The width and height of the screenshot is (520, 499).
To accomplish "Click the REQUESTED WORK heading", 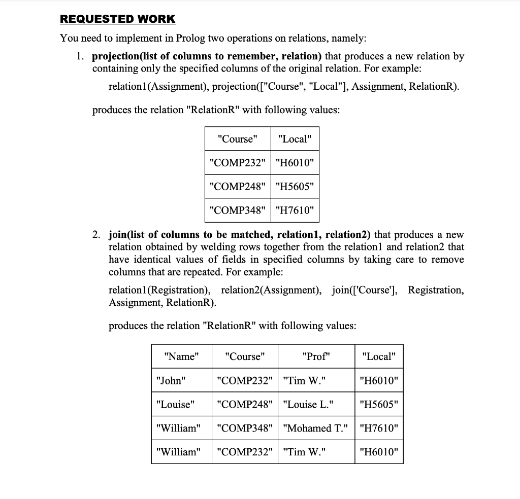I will click(117, 19).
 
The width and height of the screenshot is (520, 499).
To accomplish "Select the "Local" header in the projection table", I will click(295, 139).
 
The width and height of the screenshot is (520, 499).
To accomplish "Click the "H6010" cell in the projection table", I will click(295, 163).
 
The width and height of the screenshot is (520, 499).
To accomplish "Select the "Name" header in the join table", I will click(181, 357).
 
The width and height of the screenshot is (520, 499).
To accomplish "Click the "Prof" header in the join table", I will click(316, 357).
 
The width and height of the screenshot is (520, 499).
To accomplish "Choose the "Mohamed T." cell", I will click(316, 428).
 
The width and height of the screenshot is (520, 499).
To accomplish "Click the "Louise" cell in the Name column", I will click(176, 404).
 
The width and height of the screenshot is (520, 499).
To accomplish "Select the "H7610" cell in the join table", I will click(379, 428).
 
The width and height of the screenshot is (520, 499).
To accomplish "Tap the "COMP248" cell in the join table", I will click(244, 404).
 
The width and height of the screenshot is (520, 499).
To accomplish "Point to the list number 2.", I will click(96, 235).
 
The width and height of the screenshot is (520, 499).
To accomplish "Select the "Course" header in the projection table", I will click(237, 139).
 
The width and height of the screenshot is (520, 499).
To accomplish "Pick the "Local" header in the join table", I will click(379, 357).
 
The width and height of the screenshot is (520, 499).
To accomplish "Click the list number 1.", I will click(81, 56).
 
